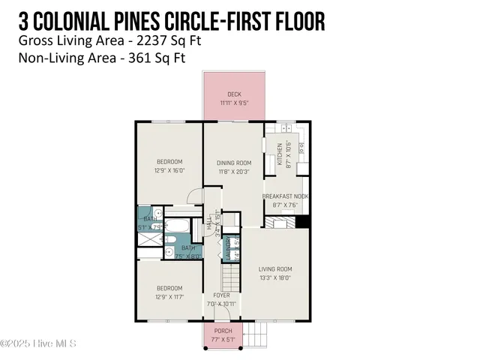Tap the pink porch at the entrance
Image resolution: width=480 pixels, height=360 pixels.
[x=223, y=335]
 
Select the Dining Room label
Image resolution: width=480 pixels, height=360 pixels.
[x=234, y=163]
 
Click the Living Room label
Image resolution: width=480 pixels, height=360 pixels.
[x=275, y=268]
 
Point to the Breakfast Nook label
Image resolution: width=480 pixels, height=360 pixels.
[x=285, y=196]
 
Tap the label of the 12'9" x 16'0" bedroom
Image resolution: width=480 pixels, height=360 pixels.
[x=169, y=162]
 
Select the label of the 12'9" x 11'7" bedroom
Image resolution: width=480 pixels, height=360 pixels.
[x=169, y=288]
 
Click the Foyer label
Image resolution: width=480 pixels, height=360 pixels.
[x=222, y=295]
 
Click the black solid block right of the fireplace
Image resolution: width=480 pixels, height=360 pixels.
[x=303, y=221]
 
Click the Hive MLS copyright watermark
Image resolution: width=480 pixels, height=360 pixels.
[x=38, y=344]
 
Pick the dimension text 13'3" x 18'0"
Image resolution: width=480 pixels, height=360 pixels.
[x=275, y=277]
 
